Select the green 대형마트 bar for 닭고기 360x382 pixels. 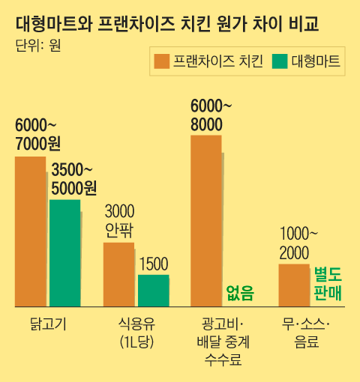point(65,252)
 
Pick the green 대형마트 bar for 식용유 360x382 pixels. point(153,291)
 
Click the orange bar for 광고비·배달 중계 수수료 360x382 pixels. point(205,220)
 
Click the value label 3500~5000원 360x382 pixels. point(73,180)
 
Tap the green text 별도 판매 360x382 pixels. point(328,282)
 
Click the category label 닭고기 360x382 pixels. point(46,324)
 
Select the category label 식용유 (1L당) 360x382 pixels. point(136,333)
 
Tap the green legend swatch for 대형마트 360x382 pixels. point(280,61)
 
